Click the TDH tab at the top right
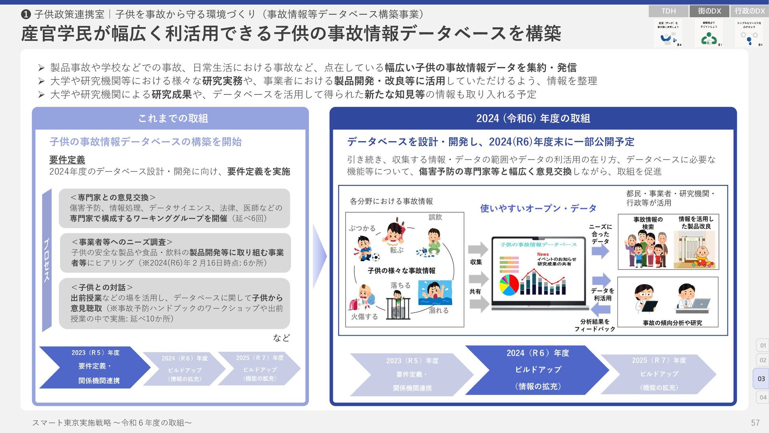pos(668,11)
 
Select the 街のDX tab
pos(709,11)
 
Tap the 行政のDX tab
pos(750,11)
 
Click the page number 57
pos(755,423)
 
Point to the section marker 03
pos(761,378)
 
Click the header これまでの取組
pos(173,118)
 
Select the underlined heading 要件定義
pos(67,160)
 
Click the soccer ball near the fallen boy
pos(375,257)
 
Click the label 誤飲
pos(435,217)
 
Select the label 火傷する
pos(364,316)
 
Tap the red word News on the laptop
pos(543,254)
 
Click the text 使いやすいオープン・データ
pos(538,208)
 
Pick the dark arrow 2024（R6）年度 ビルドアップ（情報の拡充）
pos(537,370)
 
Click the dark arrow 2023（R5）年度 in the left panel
pos(95,367)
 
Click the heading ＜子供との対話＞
pos(102,287)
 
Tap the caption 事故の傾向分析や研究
pos(672,323)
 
